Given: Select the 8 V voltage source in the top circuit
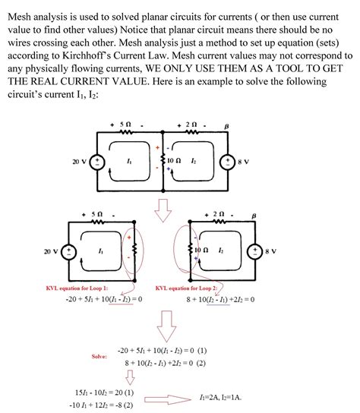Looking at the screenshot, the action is click(226, 162).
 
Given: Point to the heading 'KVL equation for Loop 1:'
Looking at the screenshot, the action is click(77, 288).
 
